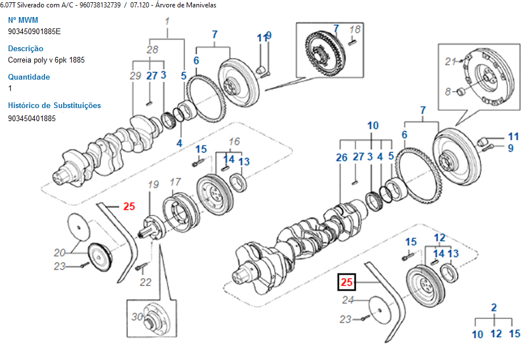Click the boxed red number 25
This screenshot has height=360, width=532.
click(347, 282)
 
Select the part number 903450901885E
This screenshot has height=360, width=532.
click(34, 31)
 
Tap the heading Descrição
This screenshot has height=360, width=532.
click(26, 48)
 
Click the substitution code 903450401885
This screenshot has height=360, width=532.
click(32, 118)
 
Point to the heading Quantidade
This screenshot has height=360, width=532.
click(29, 77)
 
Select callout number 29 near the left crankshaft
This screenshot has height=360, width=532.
click(135, 76)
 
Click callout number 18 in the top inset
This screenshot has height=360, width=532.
click(354, 29)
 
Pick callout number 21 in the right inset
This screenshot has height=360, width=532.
click(451, 61)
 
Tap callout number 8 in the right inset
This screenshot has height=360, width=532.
click(448, 92)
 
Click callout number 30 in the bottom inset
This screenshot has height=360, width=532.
click(137, 317)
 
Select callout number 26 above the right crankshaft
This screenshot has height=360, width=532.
click(341, 157)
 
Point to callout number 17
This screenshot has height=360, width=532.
click(175, 182)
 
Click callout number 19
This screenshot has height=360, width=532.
click(153, 184)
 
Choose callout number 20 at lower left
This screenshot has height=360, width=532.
click(60, 253)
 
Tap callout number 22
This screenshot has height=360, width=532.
click(146, 282)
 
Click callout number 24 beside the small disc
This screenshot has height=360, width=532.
click(348, 300)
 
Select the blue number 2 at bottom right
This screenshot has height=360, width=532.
click(494, 308)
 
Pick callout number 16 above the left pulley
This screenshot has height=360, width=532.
click(234, 142)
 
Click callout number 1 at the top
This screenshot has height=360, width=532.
click(167, 22)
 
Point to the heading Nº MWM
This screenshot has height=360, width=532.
click(23, 20)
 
